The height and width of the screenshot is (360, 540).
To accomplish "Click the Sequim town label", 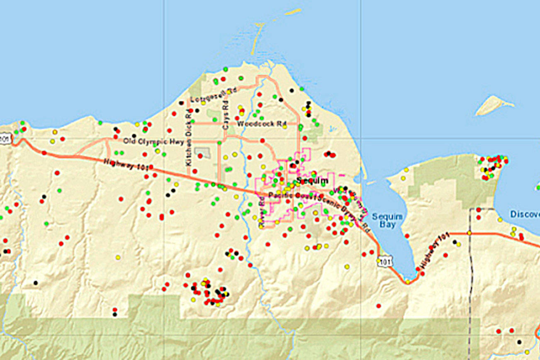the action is [312, 180].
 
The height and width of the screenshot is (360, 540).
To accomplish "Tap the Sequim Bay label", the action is [384, 220].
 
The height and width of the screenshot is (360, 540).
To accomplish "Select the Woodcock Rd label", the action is [262, 124].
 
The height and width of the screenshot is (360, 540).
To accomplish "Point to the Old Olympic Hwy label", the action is [145, 142].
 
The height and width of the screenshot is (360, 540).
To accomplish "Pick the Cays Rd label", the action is [226, 116].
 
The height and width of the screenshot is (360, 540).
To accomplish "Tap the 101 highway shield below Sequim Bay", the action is [384, 261].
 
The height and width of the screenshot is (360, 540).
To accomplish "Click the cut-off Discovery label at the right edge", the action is [525, 214].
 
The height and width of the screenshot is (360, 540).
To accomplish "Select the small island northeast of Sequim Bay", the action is [494, 105].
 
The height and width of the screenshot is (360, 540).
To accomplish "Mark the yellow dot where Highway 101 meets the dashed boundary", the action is [469, 233].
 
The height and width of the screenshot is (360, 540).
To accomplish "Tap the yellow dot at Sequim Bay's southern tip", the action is [408, 282].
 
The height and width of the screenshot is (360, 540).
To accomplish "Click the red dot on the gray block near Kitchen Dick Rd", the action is [200, 156].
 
